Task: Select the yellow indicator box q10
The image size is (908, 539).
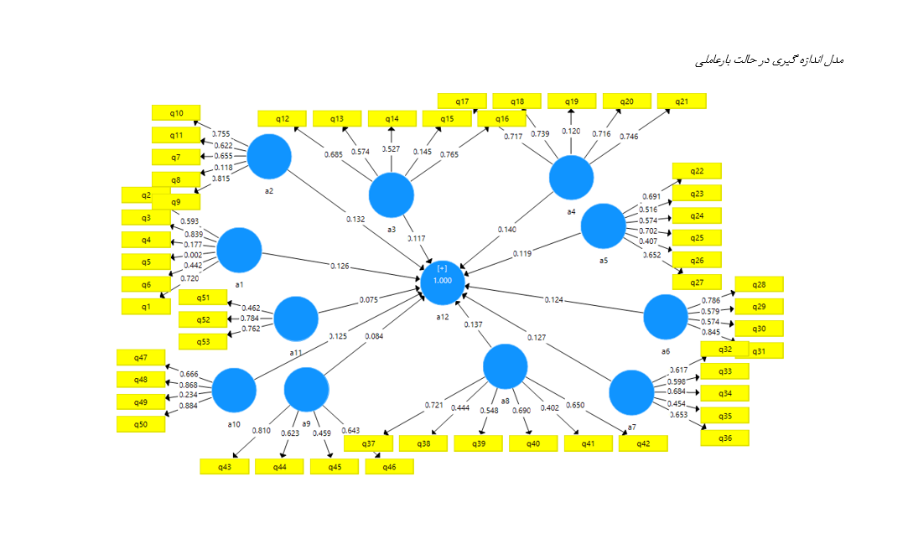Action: coord(176,112)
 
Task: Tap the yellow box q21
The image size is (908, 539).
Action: coord(682,101)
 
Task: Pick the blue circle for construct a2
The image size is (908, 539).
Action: coord(269,156)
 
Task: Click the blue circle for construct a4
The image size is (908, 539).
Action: coord(571,178)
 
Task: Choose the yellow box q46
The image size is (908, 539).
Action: coord(389,466)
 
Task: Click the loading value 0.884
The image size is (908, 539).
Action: coord(189,407)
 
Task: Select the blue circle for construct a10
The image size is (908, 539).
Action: coord(234,390)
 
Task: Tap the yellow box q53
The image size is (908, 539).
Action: coord(203,341)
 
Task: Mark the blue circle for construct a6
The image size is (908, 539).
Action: coord(666,317)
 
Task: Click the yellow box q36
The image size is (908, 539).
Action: coord(724,438)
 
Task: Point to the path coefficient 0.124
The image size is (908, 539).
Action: coord(553,299)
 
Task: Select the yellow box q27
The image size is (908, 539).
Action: coord(697,282)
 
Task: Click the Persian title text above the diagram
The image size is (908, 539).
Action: coord(769,60)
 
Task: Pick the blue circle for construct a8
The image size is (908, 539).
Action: coord(506,366)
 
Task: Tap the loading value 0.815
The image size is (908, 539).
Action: coord(221,179)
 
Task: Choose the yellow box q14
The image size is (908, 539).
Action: coord(392,119)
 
